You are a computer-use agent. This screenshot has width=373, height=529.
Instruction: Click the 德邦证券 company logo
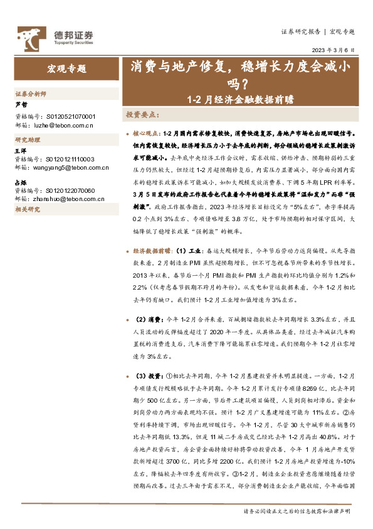pyautogui.click(x=55, y=36)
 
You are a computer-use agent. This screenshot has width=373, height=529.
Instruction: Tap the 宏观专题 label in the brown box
pyautogui.click(x=66, y=69)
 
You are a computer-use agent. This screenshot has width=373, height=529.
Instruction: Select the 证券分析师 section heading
pyautogui.click(x=31, y=94)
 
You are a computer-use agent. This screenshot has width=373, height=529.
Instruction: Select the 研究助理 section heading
pyautogui.click(x=27, y=139)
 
